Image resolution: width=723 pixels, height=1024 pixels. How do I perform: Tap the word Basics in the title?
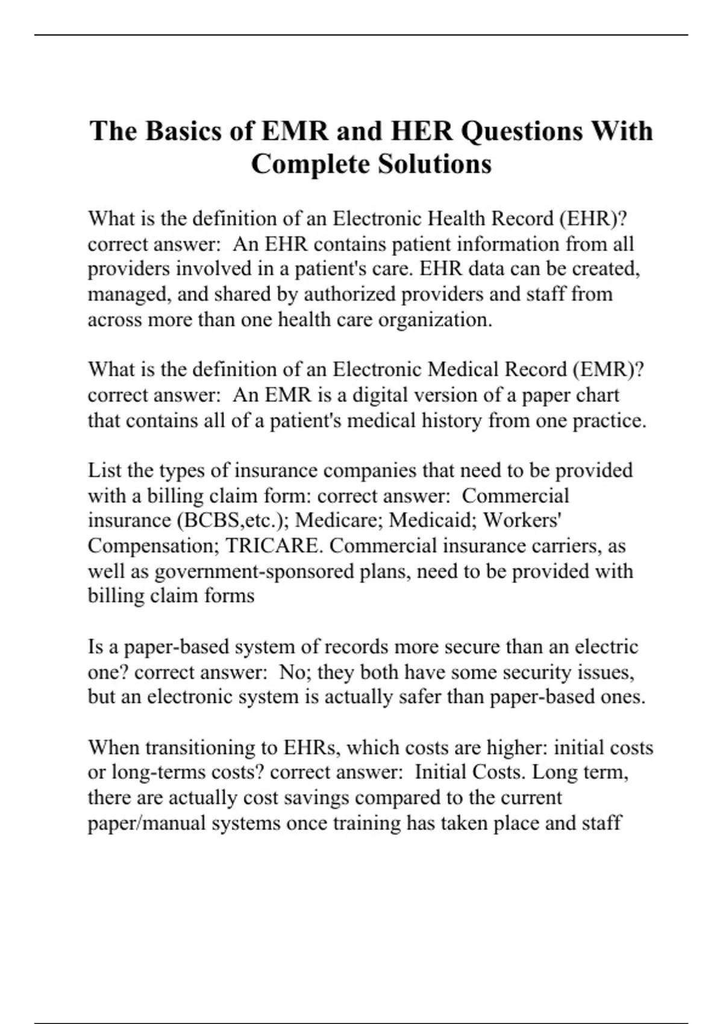[x=184, y=131]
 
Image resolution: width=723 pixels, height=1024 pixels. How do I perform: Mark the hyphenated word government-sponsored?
[x=254, y=571]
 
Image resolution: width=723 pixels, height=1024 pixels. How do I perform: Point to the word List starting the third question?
[x=103, y=470]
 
